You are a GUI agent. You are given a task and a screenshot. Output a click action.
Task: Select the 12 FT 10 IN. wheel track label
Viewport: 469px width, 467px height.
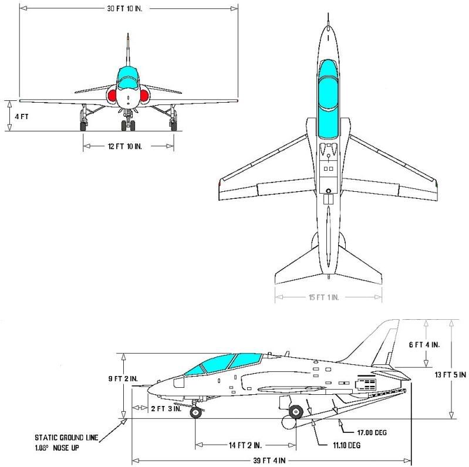coord(129,145)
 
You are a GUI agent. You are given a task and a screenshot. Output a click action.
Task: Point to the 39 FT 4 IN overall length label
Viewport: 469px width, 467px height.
coord(272,459)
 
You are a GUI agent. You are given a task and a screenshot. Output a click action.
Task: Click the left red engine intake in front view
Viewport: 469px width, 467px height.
coord(112,94)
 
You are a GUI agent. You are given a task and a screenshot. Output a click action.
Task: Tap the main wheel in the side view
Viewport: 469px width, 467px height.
coord(296,412)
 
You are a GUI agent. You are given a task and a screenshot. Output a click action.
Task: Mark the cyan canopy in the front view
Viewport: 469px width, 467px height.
coord(127,76)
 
